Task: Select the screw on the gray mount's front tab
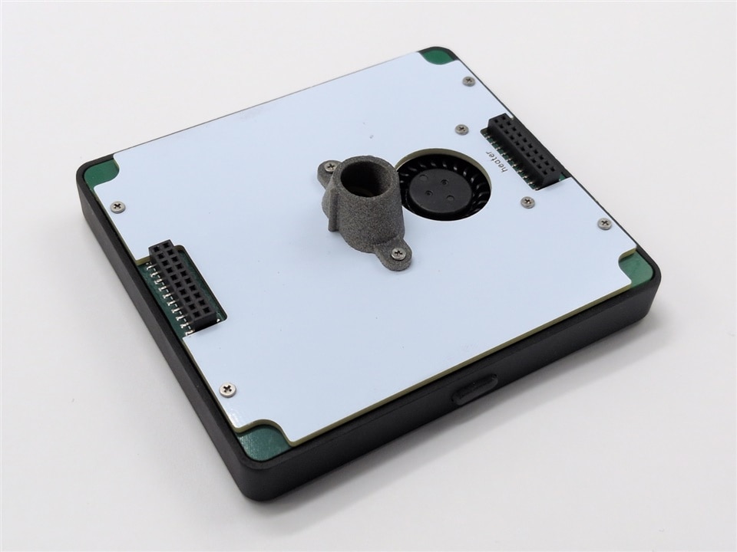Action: coord(399,254)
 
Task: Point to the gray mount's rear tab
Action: coord(329,168)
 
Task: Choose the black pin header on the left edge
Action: coord(185,285)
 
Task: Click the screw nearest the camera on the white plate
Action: coord(228,389)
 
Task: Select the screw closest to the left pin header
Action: coord(118,205)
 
